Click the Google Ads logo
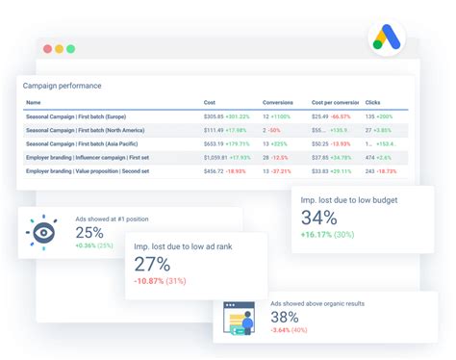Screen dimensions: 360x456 pos(387,39)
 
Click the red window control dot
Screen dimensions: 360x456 pos(44,48)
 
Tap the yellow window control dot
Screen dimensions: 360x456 pos(58,48)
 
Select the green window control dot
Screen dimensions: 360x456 pos(71,48)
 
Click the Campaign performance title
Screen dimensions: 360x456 pos(62,86)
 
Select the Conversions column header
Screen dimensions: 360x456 pos(278,102)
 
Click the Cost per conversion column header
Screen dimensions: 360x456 pos(333,102)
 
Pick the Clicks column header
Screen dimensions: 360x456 pos(372,102)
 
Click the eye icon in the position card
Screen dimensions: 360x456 pos(43,232)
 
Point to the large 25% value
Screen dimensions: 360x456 pos(90,232)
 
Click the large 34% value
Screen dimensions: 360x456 pos(318,217)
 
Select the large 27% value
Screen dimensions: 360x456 pos(151,264)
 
